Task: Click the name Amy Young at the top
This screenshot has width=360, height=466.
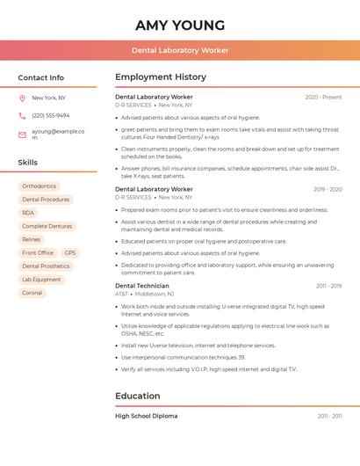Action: (180, 25)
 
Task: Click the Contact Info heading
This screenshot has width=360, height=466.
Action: (40, 77)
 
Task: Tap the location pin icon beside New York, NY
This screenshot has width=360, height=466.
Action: (22, 98)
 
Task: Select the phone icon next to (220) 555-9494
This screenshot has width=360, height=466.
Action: (22, 115)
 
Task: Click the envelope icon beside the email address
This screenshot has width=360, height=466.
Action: (22, 135)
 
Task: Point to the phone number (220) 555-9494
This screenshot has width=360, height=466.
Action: (51, 115)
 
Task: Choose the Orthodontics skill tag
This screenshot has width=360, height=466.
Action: (39, 186)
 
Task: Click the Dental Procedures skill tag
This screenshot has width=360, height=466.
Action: (46, 200)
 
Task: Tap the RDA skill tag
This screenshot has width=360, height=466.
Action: (28, 213)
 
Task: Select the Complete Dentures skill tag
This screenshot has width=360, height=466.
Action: (47, 226)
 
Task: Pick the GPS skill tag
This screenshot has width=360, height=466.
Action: (70, 253)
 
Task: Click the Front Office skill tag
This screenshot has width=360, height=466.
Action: (38, 253)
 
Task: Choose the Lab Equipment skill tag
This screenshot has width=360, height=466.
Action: (41, 280)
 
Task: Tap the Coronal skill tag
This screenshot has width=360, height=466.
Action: (32, 293)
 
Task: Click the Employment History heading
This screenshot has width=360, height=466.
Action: (161, 77)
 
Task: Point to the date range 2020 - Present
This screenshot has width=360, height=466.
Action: (323, 98)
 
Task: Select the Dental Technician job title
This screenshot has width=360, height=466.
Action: (142, 286)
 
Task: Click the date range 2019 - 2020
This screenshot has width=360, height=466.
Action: (328, 189)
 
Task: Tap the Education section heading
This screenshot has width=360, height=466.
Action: (138, 396)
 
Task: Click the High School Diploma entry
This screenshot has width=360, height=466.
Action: (146, 416)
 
